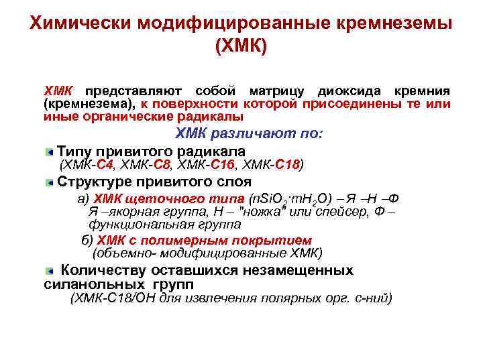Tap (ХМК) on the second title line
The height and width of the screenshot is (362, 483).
[x=241, y=47]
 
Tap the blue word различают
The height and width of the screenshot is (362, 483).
[x=255, y=133]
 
